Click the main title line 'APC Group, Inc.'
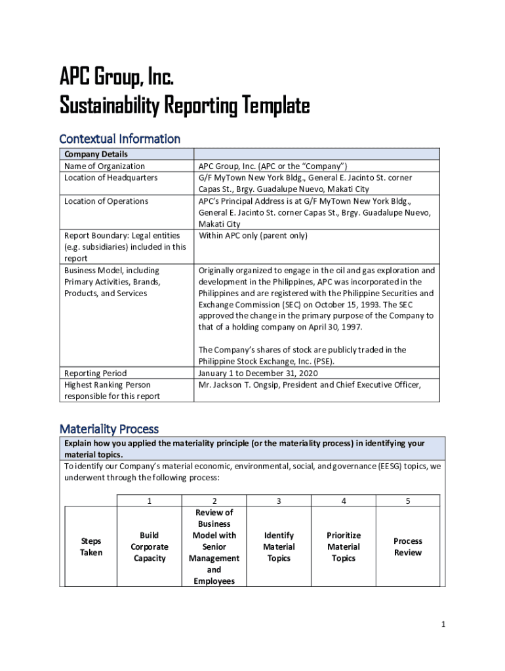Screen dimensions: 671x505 coord(117,79)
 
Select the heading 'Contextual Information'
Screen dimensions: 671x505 coord(119,138)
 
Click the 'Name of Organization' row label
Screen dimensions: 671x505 coord(104,166)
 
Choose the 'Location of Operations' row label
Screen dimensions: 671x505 coord(106,201)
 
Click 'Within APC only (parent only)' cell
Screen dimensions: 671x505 coord(253,235)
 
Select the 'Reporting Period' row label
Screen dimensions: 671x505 coord(95,374)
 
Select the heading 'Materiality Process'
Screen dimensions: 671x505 coord(109,429)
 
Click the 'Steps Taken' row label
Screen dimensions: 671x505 coord(91,546)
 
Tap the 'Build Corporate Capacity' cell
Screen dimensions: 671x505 coord(150,546)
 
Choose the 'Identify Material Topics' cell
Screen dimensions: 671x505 coord(279,546)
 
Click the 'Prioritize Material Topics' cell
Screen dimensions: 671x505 coord(344,546)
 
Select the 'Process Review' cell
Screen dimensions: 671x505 coord(408,546)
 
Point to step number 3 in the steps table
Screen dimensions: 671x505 coord(279,501)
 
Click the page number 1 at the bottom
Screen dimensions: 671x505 coord(443,624)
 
